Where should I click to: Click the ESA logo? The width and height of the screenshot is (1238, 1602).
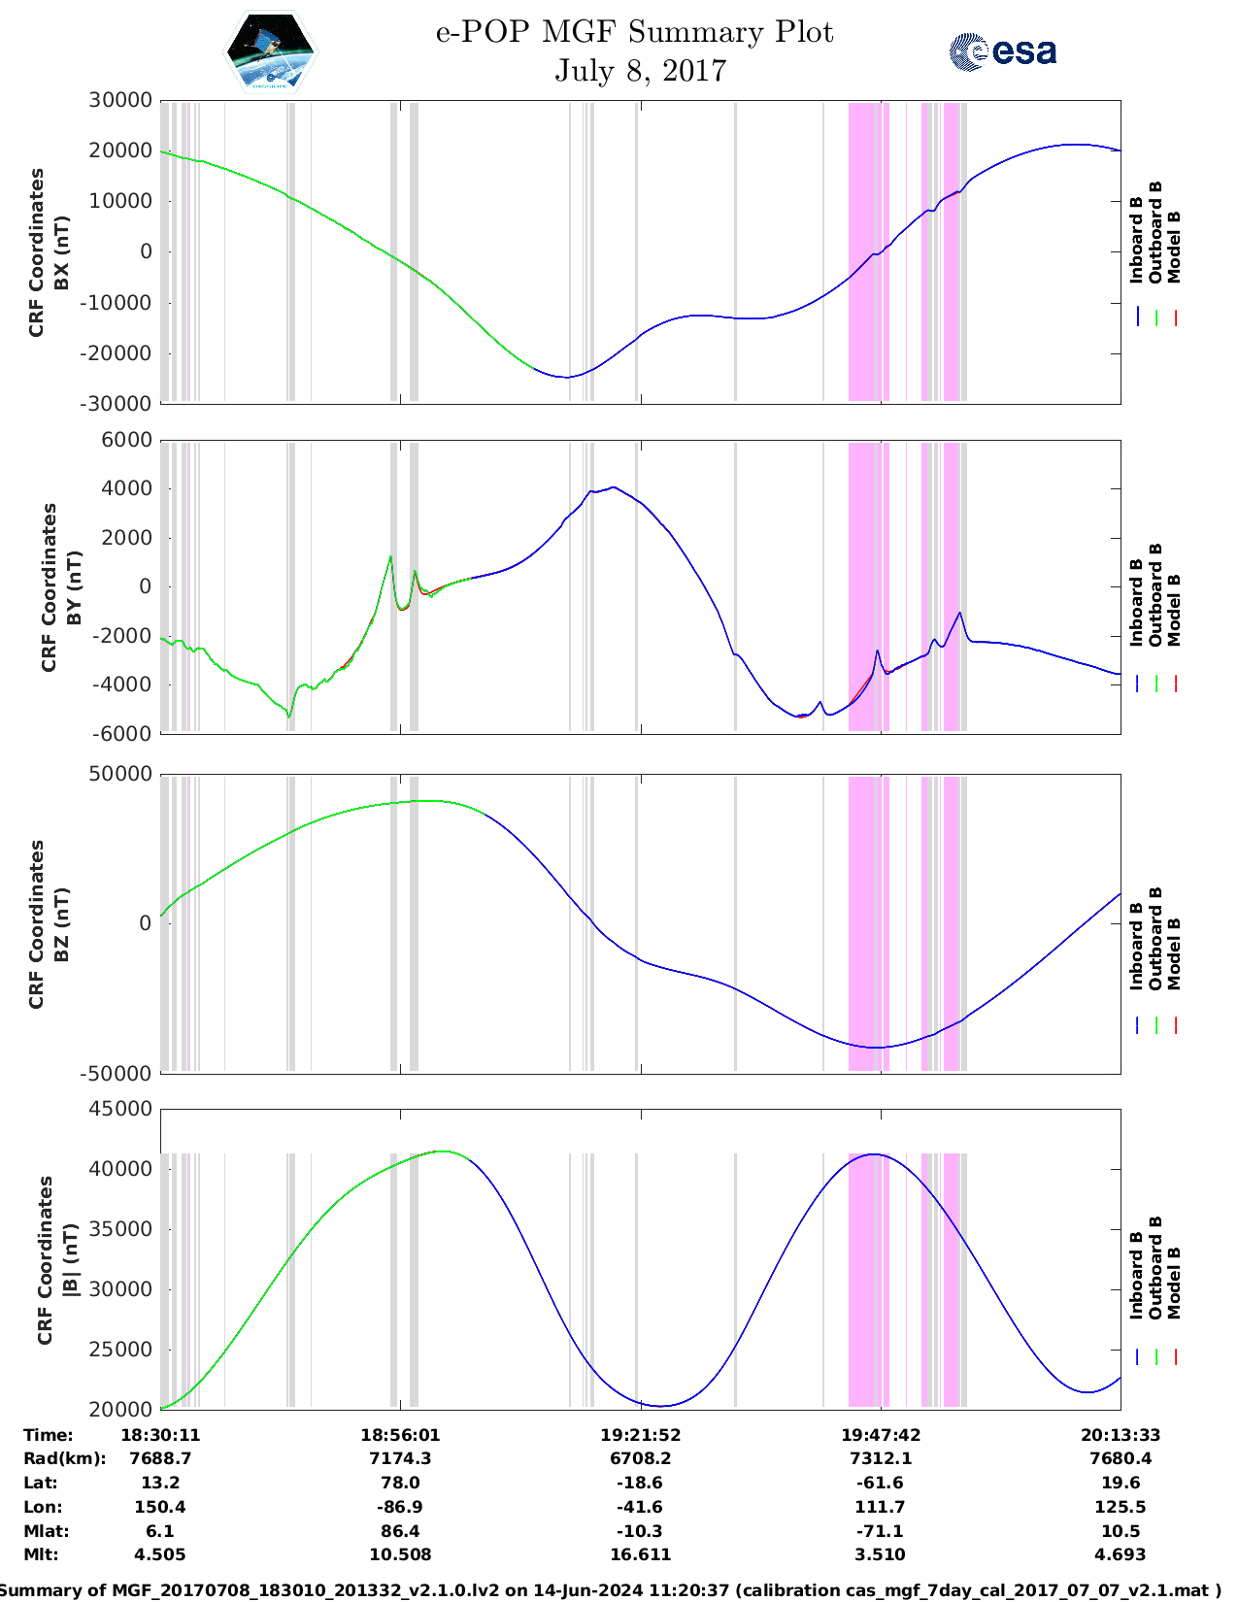[1002, 51]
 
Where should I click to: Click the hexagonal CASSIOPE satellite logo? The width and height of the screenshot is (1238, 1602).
[271, 51]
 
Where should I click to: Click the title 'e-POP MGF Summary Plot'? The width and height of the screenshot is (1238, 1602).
[634, 33]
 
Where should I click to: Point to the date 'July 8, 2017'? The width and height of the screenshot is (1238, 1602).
[640, 71]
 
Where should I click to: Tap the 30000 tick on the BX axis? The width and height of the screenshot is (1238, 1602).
[120, 100]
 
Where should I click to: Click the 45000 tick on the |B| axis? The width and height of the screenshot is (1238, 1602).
[120, 1109]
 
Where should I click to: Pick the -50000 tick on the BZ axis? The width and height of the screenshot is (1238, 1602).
[117, 1073]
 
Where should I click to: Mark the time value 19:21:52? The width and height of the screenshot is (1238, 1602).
[640, 1435]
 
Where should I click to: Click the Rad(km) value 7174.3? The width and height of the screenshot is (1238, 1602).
[400, 1458]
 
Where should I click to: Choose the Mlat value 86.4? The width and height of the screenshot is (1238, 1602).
[400, 1531]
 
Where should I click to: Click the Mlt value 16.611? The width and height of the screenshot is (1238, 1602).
[640, 1554]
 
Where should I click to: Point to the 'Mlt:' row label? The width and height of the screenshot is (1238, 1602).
[40, 1554]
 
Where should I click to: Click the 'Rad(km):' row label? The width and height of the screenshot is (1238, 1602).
[64, 1458]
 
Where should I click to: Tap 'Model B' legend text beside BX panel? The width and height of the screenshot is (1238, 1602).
[1173, 247]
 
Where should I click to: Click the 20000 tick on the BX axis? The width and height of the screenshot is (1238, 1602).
[120, 150]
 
